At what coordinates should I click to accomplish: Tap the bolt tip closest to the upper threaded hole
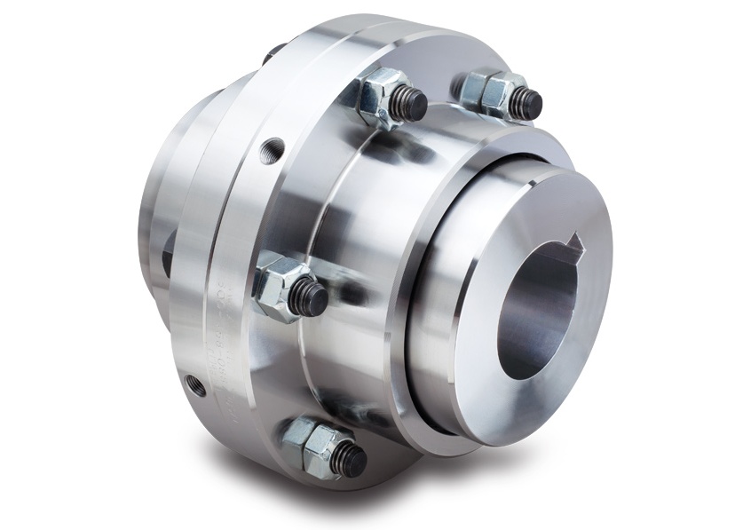click(x=409, y=105)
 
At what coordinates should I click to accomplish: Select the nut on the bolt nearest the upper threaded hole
click(x=376, y=95)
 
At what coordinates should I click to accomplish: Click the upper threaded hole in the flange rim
click(x=273, y=146)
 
